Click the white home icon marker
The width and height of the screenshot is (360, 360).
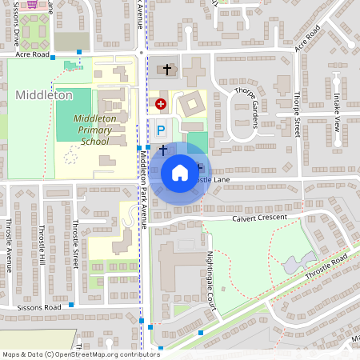point(180,172)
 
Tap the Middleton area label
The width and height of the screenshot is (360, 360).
point(43,95)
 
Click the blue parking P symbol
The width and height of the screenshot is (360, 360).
point(160,130)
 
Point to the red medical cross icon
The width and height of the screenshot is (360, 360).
point(160,104)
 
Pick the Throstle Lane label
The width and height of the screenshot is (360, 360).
point(211,181)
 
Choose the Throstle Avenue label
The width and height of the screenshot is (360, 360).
point(8,240)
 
